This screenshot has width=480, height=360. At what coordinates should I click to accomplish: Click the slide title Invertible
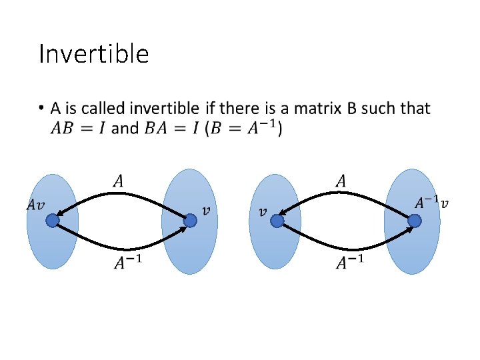93,54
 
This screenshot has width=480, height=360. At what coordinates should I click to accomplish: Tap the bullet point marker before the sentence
41,107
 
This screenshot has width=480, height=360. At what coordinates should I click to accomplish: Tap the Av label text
36,205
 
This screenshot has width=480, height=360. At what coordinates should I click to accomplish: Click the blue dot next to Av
53,220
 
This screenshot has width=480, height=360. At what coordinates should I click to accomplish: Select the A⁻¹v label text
432,201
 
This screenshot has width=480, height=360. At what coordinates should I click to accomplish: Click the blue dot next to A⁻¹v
415,220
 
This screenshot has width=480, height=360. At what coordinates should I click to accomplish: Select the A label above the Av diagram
118,180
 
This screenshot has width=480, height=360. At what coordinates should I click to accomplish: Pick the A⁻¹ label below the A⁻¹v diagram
350,263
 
